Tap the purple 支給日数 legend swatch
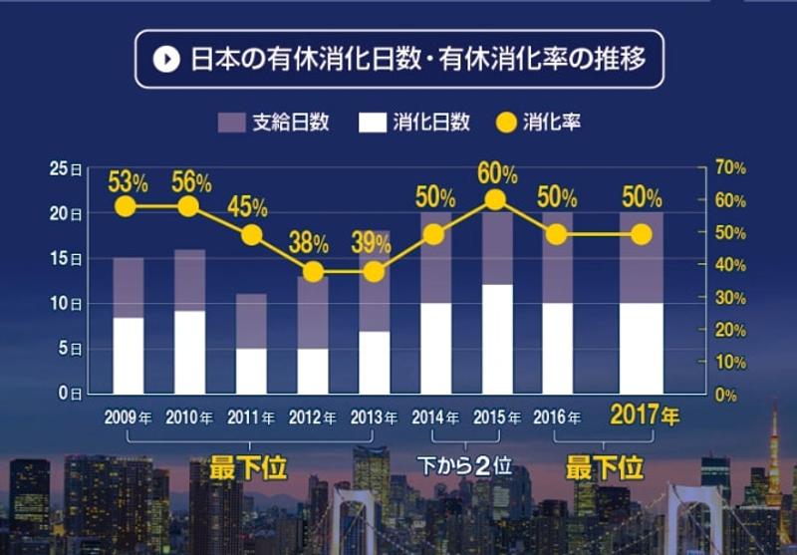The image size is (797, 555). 231,123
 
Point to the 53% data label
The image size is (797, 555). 128,181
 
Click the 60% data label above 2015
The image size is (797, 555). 497,174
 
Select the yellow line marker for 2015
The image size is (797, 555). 496,200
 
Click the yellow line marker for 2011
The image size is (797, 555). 251,235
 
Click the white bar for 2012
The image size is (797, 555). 313,371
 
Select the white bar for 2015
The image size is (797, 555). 496,339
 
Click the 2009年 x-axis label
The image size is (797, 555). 129,416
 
